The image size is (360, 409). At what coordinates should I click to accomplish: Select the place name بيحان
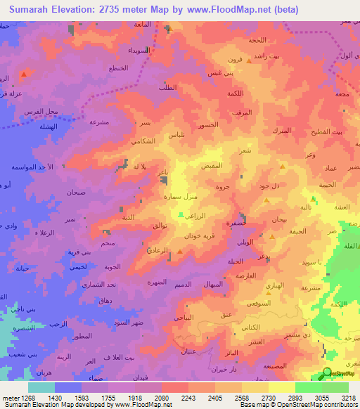pyautogui.click(x=278, y=220)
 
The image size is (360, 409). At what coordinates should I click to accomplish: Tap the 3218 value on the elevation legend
pyautogui.click(x=347, y=397)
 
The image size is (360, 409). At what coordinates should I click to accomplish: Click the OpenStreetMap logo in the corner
pyautogui.click(x=327, y=373)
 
